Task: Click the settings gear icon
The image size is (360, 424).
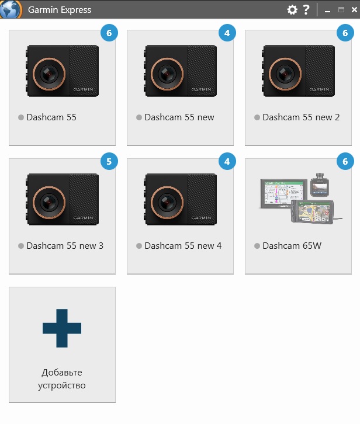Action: [x=292, y=10]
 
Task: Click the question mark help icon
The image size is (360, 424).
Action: [x=306, y=10]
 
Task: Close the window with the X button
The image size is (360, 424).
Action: [x=354, y=10]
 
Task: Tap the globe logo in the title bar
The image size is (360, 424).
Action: [x=11, y=9]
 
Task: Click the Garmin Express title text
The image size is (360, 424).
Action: [x=60, y=10]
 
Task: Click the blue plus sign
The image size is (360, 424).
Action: [x=62, y=328]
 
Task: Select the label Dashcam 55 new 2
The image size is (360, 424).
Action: [x=301, y=117]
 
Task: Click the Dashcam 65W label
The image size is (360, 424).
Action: [x=292, y=245]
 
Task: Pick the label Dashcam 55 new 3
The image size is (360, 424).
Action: [x=65, y=245]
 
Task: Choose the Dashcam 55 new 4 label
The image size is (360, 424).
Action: [x=183, y=245]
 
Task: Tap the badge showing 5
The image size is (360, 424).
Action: [x=109, y=161]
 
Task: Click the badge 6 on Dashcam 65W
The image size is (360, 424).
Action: [x=345, y=161]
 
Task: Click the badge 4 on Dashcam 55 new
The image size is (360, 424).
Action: [x=227, y=33]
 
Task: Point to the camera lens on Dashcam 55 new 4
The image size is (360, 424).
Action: [x=167, y=202]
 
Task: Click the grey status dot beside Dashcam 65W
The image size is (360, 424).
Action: [x=257, y=246]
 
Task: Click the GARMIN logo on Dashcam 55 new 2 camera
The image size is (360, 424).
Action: [x=320, y=89]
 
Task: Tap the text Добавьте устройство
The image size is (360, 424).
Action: [x=62, y=379]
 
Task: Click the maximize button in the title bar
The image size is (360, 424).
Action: [x=341, y=10]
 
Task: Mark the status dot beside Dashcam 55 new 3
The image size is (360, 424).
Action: [x=21, y=246]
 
